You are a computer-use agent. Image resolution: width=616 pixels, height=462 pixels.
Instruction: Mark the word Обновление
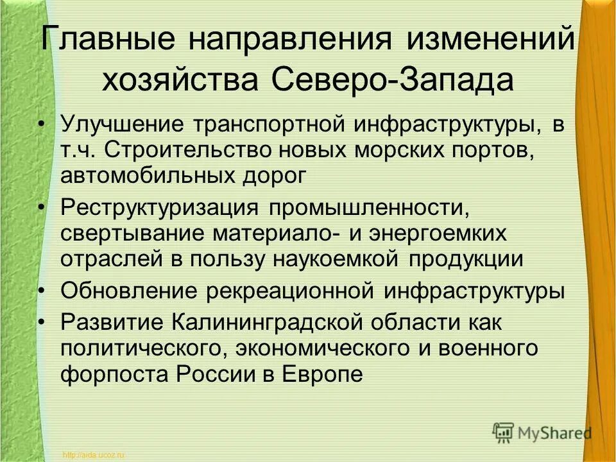coord(128,291)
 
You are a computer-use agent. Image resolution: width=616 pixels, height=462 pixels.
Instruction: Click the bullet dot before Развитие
coord(42,321)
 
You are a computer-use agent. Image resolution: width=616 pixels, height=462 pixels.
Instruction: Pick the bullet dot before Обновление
coord(42,289)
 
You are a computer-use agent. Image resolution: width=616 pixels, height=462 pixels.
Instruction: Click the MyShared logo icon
coord(504,432)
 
